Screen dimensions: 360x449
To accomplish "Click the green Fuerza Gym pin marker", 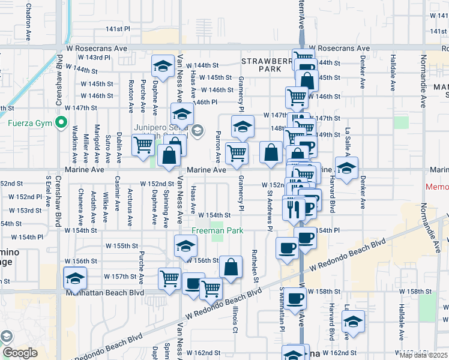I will [61, 124].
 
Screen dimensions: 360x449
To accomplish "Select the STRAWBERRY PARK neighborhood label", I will [262, 65].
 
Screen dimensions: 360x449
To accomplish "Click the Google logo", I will [19, 353].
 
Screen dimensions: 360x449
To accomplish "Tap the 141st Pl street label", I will [118, 29].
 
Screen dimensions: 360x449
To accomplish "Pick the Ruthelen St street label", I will [255, 266].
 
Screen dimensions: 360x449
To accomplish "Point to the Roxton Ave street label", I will [130, 97].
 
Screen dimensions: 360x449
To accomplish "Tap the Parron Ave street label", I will [218, 147].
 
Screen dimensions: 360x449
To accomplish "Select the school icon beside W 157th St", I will [75, 278].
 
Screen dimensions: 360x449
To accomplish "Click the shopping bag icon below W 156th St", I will [231, 267].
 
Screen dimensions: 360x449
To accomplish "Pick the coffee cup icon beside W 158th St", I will [294, 298].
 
